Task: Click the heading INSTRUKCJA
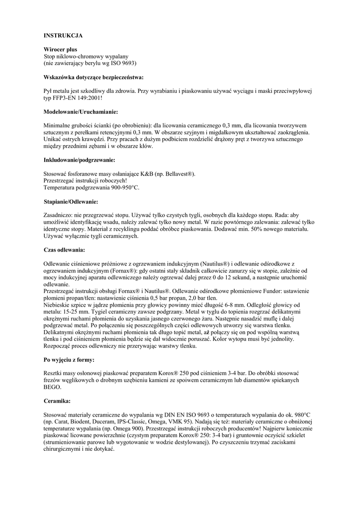click(x=63, y=36)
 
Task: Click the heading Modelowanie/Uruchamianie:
click(x=81, y=112)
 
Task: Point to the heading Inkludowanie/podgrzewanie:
click(x=80, y=160)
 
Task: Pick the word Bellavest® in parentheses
click(x=180, y=174)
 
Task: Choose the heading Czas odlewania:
click(x=64, y=249)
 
